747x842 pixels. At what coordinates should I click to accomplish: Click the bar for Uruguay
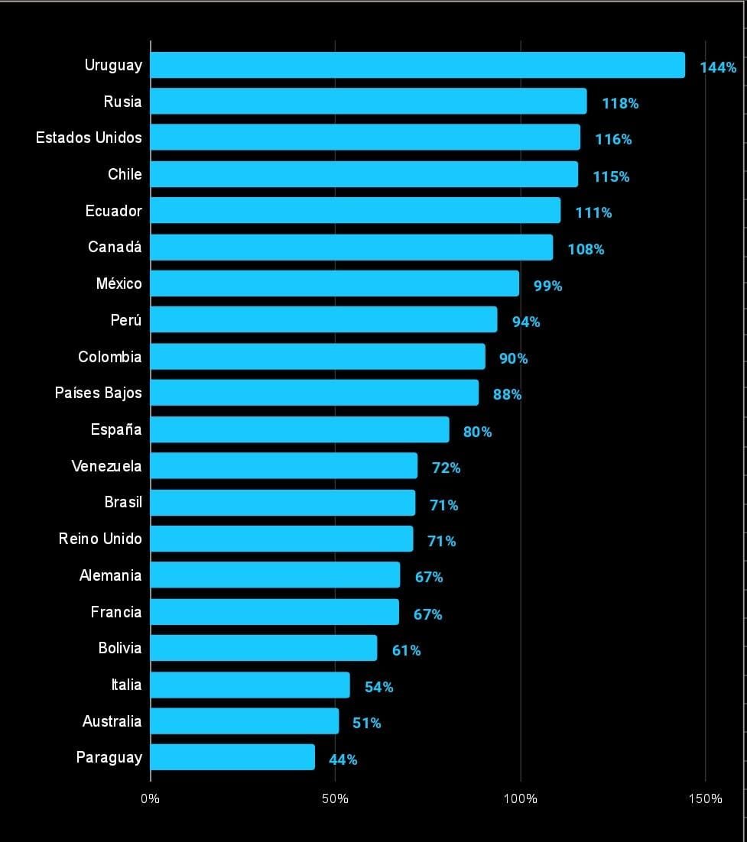[x=417, y=65]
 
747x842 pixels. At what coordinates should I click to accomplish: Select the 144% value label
[x=718, y=67]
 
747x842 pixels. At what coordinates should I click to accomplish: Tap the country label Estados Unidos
[x=89, y=138]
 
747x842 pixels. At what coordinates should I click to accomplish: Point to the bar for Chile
[x=364, y=174]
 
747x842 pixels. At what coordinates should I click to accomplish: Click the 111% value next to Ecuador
[x=593, y=212]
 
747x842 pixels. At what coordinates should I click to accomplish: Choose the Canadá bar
[x=352, y=247]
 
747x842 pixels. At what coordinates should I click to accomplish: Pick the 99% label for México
[x=547, y=286]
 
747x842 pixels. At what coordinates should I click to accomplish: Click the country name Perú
[x=126, y=320]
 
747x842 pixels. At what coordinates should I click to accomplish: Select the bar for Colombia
[x=317, y=357]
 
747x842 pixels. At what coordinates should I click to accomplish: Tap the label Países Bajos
[x=98, y=393]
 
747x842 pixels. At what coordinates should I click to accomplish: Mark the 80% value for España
[x=477, y=432]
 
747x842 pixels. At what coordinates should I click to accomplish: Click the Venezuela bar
[x=284, y=466]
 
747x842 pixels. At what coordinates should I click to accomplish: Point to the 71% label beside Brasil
[x=443, y=505]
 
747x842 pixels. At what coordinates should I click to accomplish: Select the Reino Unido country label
[x=100, y=539]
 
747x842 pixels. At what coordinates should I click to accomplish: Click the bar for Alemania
[x=275, y=575]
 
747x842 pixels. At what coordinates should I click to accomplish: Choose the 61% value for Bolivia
[x=406, y=650]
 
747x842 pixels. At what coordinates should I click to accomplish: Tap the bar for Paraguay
[x=232, y=757]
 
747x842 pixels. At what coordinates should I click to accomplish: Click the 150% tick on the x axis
[x=705, y=799]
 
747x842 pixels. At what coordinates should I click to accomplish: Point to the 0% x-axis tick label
[x=151, y=799]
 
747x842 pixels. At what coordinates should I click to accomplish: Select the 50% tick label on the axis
[x=335, y=799]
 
